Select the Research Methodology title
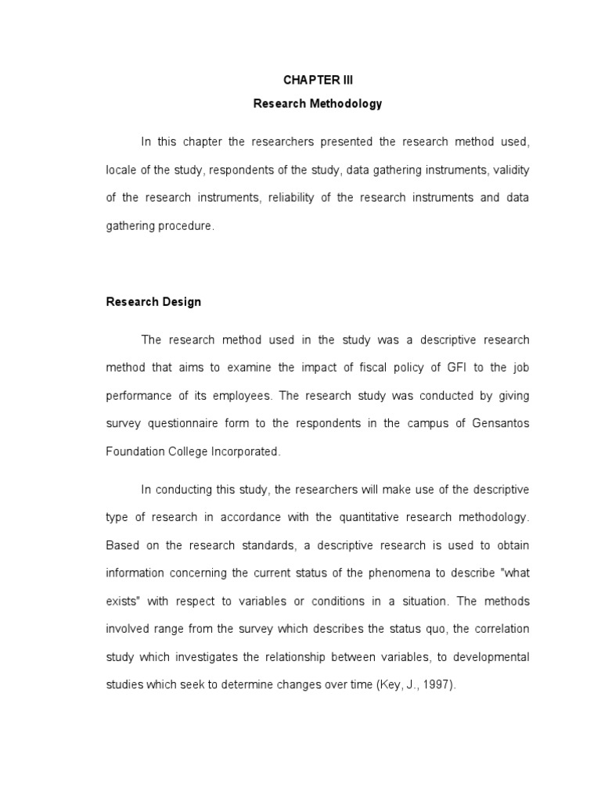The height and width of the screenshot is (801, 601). pos(318,104)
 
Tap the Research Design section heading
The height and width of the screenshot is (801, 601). pos(153,302)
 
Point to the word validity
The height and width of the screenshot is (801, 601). pos(512,170)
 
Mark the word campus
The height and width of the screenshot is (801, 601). pos(423,423)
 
